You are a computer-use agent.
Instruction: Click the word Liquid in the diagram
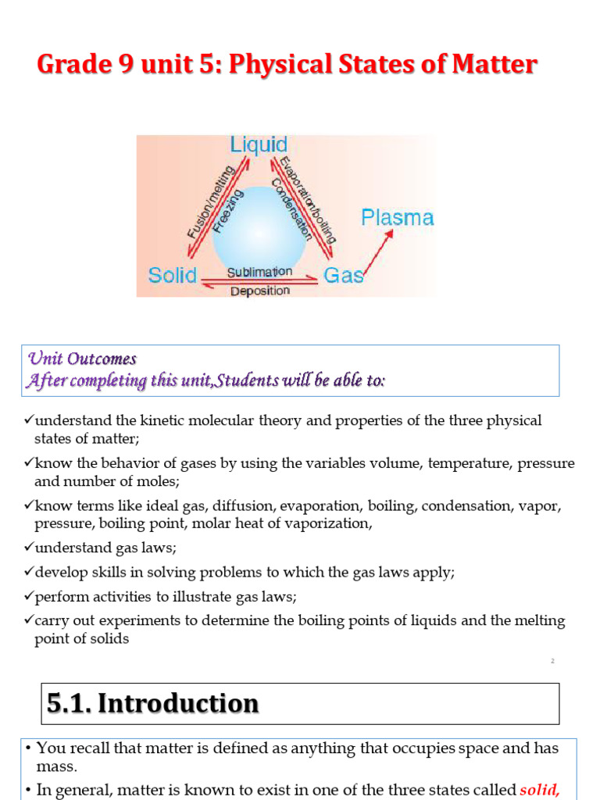pos(259,145)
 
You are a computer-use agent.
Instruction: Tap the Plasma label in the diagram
pos(397,217)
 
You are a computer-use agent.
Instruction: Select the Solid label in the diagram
pos(173,276)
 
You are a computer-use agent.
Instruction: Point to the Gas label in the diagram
pos(344,276)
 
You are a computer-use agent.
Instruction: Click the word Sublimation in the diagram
pos(259,272)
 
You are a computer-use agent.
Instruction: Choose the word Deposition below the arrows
pos(259,291)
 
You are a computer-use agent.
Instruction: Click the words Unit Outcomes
pos(82,359)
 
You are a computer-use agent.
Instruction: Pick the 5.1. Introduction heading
pos(152,704)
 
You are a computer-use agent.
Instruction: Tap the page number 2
pos(552,661)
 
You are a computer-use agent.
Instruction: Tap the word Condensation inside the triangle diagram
pos(291,209)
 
